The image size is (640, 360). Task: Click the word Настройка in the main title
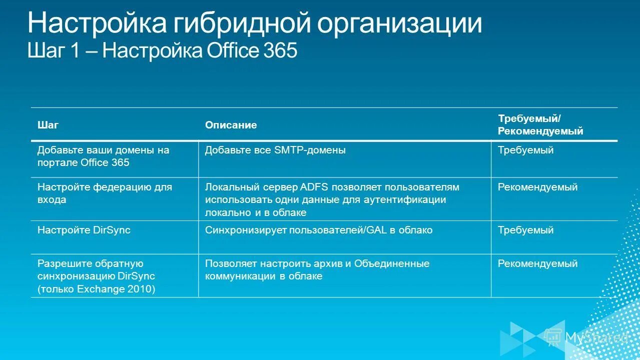[95, 23]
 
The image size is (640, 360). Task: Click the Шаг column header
[48, 125]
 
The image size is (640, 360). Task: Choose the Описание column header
[231, 125]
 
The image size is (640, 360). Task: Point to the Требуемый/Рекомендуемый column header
[540, 125]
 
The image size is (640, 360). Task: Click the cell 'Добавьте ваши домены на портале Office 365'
[103, 156]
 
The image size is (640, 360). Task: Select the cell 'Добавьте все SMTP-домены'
[275, 150]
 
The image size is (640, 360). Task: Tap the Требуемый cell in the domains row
[525, 150]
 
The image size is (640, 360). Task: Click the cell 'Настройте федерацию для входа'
[105, 193]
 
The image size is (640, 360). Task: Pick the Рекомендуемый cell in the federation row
[537, 187]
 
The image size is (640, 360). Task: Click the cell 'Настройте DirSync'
[84, 230]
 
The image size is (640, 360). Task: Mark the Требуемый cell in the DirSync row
[525, 230]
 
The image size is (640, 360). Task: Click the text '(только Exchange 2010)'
[96, 289]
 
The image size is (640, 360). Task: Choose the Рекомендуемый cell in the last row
[537, 263]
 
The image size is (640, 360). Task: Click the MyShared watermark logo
[585, 337]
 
